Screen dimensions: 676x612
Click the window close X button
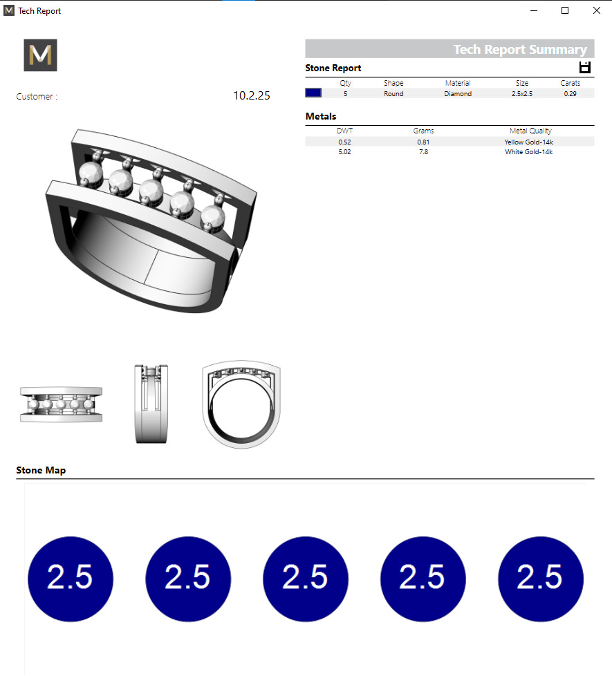click(596, 10)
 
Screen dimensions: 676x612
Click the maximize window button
click(565, 10)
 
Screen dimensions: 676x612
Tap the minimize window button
click(534, 10)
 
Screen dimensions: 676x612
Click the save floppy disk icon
click(585, 67)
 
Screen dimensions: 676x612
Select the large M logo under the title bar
click(40, 55)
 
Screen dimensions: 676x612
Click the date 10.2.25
click(252, 96)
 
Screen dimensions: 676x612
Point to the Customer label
click(37, 97)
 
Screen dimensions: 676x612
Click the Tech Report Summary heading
click(519, 49)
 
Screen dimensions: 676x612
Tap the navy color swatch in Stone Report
click(313, 93)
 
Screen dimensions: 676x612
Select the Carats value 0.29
click(570, 93)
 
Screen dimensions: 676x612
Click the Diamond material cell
click(458, 93)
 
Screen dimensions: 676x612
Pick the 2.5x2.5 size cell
click(522, 93)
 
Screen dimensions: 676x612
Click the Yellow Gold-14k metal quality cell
click(528, 142)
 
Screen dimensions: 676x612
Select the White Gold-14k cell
click(528, 152)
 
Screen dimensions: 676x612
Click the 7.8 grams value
click(423, 152)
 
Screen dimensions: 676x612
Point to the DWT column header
click(344, 131)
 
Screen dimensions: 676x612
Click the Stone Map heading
click(41, 471)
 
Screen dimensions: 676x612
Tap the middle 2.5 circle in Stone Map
click(306, 578)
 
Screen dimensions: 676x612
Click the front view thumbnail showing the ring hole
click(241, 404)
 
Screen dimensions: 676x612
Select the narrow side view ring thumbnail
click(151, 403)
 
